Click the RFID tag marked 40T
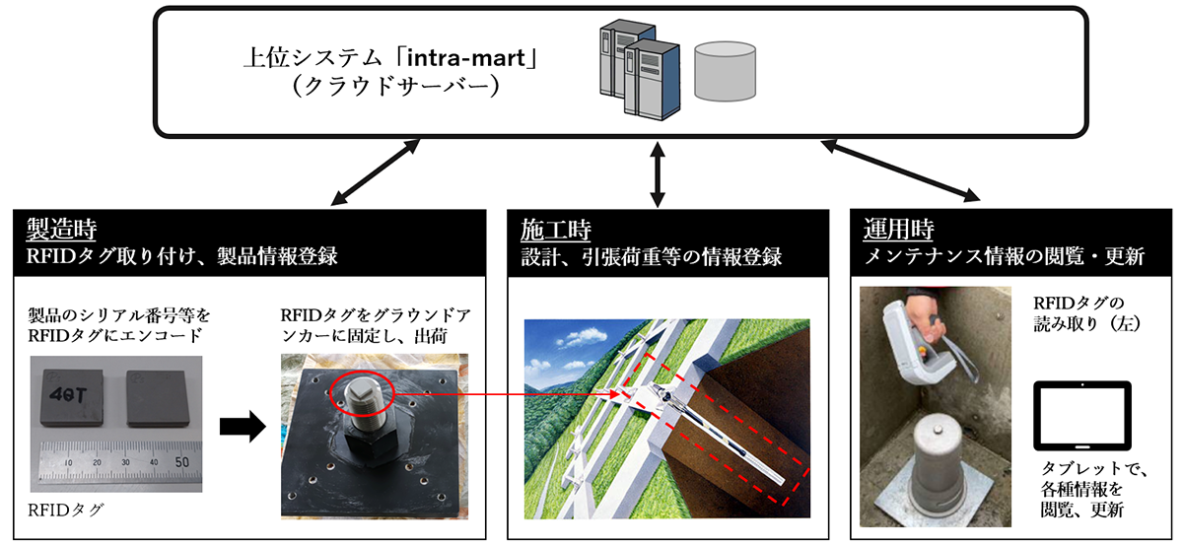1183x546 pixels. (76, 402)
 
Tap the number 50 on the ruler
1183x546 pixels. (181, 461)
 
